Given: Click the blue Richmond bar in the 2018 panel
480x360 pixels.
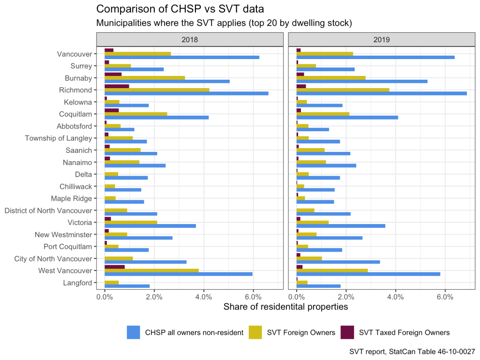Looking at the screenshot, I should (x=186, y=93).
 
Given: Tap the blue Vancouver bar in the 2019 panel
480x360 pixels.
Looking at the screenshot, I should (x=375, y=57).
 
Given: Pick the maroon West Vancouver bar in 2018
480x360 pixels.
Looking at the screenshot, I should (x=114, y=266).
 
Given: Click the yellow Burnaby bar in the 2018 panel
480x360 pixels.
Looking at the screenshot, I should (x=144, y=77).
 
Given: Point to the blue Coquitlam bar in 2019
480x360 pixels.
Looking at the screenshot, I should (x=347, y=117).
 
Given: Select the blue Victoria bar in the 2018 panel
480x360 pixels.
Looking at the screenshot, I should (x=150, y=226).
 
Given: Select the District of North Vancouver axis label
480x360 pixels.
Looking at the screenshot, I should (x=48, y=210).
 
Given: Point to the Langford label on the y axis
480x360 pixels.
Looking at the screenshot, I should (x=77, y=283).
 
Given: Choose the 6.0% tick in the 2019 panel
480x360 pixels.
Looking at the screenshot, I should (x=445, y=296).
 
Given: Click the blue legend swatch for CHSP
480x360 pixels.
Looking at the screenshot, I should (x=134, y=332).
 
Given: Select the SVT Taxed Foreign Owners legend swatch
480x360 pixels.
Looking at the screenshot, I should (x=347, y=332).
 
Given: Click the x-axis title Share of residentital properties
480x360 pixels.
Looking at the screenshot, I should (x=285, y=307).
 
